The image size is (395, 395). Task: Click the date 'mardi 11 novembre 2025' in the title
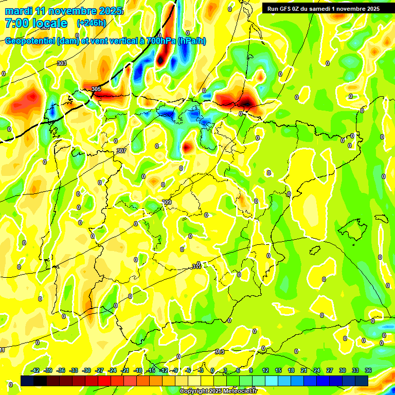coord(64,11)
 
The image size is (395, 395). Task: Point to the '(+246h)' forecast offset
coord(91,23)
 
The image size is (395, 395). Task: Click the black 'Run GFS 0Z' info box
coord(324,8)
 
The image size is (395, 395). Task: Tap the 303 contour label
coord(62,63)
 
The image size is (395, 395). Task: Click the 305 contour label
coord(96,89)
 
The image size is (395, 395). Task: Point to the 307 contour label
coord(121,151)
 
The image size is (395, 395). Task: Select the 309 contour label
coord(167,202)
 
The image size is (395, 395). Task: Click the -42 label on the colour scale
coord(35,370)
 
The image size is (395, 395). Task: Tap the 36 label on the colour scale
coord(368,370)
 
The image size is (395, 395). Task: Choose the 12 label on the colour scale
coord(265,370)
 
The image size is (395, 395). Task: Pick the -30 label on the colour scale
coord(87,370)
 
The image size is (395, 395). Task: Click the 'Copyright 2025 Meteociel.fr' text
coord(219,391)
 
